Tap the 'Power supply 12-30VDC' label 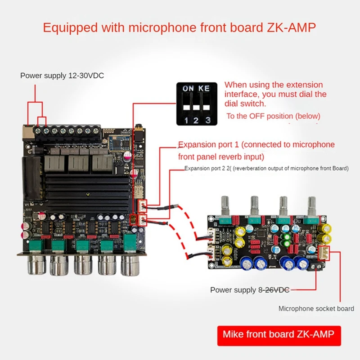coord(62,76)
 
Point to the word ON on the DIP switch coord(188,89)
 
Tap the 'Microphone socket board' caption coord(316,309)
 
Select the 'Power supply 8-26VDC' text coord(249,290)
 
